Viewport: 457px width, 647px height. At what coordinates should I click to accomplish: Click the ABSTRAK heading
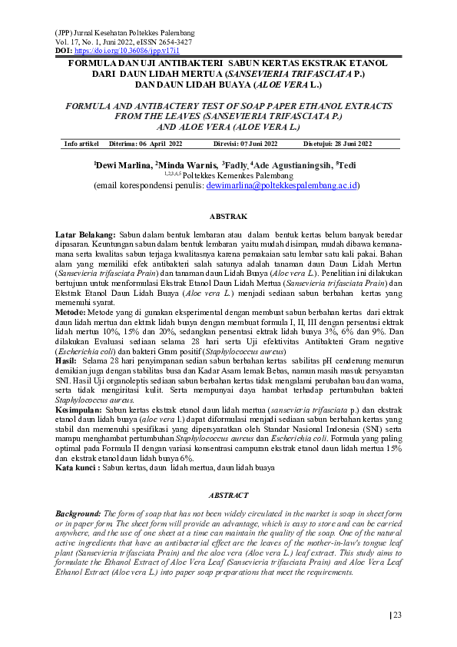click(x=228, y=217)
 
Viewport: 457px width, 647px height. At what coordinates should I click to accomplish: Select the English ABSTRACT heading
click(x=228, y=496)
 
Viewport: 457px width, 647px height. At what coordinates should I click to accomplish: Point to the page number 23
click(x=397, y=614)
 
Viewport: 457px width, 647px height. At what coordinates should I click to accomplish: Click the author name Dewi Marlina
click(x=123, y=165)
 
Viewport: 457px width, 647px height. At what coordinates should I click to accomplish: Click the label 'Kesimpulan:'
click(x=79, y=410)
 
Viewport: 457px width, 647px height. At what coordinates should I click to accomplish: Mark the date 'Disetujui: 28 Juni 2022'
click(x=338, y=144)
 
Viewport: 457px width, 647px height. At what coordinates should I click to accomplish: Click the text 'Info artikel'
click(x=81, y=144)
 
